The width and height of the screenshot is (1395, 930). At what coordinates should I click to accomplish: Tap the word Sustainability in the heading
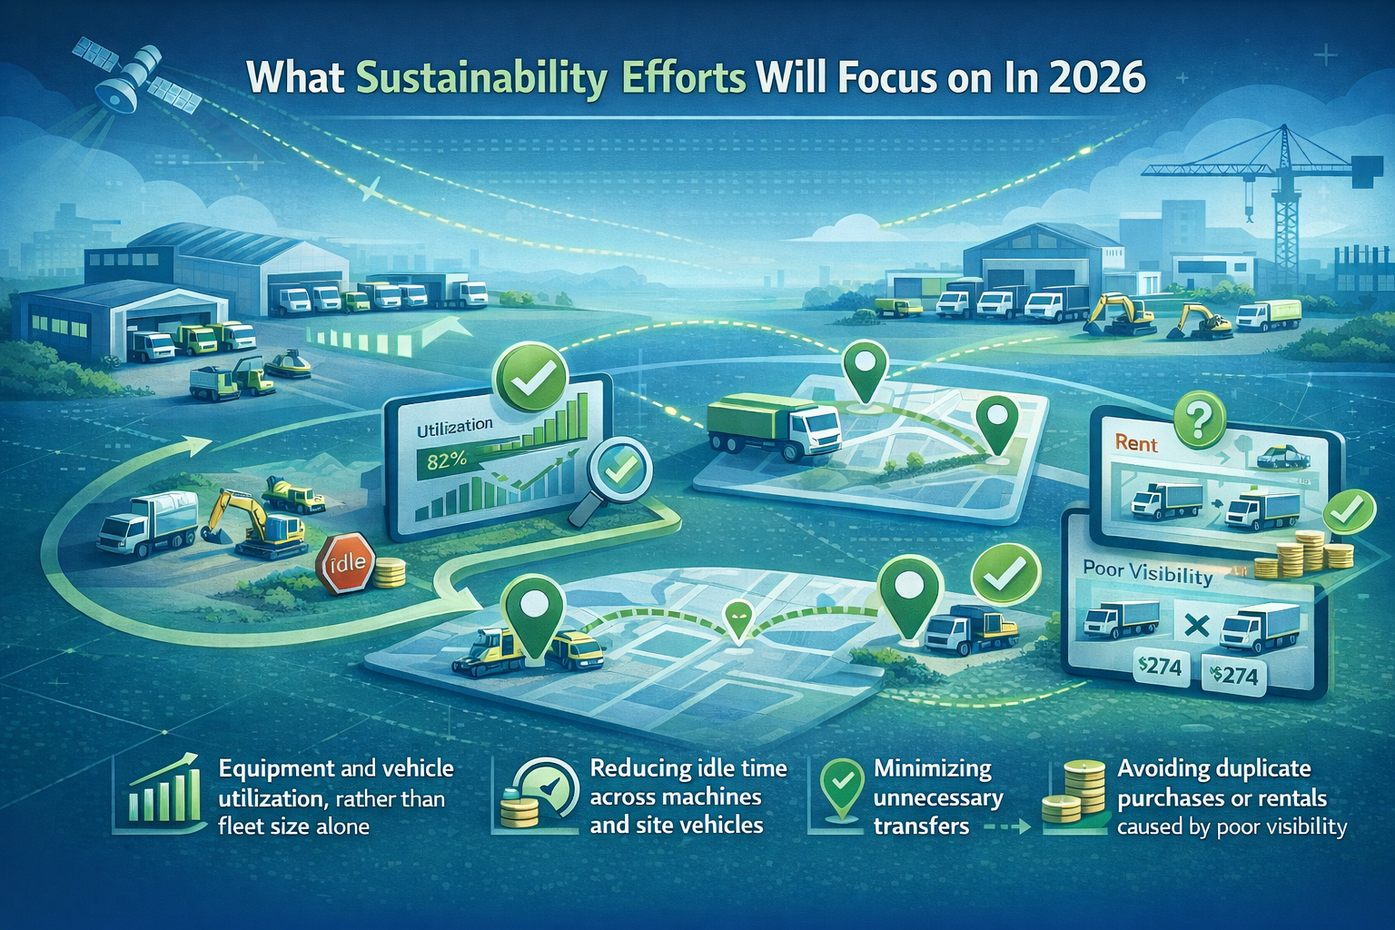(480, 79)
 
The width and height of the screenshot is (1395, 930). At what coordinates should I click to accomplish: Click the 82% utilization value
(446, 460)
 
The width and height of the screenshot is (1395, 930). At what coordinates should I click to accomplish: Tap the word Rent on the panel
(1136, 444)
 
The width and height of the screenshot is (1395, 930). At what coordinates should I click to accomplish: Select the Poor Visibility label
(1147, 573)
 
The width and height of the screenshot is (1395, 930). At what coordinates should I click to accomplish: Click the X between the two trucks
(1195, 627)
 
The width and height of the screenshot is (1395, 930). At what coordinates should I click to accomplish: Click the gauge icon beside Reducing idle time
(540, 794)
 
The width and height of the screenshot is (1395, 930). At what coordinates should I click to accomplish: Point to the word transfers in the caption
(921, 826)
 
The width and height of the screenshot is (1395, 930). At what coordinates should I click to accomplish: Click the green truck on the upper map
(773, 421)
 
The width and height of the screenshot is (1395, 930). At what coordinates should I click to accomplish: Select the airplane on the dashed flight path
(371, 192)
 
